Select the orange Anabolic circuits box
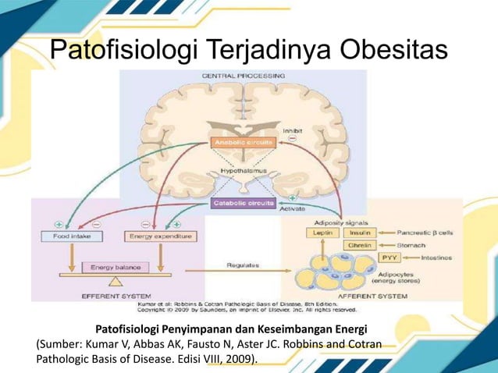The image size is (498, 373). click(244, 143)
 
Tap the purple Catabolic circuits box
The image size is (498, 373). click(244, 203)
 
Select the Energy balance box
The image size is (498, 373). click(115, 267)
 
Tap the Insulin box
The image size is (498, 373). click(360, 233)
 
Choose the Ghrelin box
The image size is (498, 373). click(360, 245)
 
